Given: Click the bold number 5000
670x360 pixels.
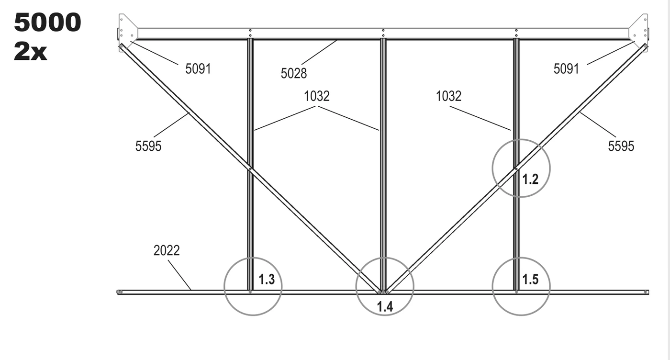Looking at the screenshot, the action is pyautogui.click(x=47, y=22).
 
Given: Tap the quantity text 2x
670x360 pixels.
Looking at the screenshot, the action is pyautogui.click(x=30, y=52).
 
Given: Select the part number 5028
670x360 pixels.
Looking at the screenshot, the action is pyautogui.click(x=293, y=73).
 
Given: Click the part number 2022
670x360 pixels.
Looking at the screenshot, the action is pyautogui.click(x=167, y=250).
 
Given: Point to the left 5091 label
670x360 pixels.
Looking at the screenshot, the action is pyautogui.click(x=198, y=69).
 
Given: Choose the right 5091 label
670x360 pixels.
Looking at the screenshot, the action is pyautogui.click(x=566, y=69).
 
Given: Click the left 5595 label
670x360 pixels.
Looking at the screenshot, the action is pyautogui.click(x=148, y=146).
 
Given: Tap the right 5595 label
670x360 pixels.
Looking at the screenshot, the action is pyautogui.click(x=621, y=146).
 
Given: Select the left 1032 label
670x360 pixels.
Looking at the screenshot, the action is pyautogui.click(x=317, y=96).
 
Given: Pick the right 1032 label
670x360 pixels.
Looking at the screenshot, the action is pyautogui.click(x=448, y=96).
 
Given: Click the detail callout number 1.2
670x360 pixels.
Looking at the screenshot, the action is pyautogui.click(x=530, y=179).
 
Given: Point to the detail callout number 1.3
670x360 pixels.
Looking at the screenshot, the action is pyautogui.click(x=267, y=279).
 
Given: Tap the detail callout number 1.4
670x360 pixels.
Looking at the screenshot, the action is pyautogui.click(x=385, y=306).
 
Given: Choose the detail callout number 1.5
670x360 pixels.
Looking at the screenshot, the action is pyautogui.click(x=530, y=279).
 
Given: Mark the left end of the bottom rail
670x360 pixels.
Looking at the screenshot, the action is pyautogui.click(x=118, y=292).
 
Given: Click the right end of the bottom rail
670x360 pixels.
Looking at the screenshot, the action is pyautogui.click(x=648, y=292).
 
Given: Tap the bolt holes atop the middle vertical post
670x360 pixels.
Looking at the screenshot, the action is pyautogui.click(x=383, y=33).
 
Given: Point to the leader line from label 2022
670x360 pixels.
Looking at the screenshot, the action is pyautogui.click(x=179, y=275).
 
